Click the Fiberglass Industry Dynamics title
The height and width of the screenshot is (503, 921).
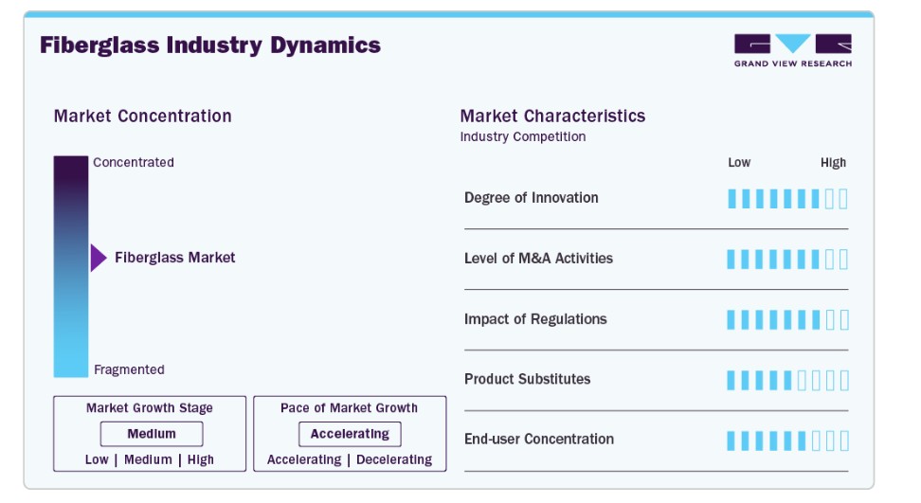point(210,45)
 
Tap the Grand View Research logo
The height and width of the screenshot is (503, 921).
point(792,50)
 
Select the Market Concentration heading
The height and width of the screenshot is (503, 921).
point(142,117)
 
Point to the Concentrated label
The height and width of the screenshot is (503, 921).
point(134,162)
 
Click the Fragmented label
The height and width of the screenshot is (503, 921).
point(129,369)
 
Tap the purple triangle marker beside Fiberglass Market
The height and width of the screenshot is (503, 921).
point(98,258)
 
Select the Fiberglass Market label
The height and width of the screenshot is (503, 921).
point(175,258)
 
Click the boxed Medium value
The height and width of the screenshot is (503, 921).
point(152,434)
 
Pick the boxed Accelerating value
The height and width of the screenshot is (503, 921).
point(350,434)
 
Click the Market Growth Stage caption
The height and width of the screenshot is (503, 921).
point(150,408)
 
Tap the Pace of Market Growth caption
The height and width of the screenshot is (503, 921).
point(349,408)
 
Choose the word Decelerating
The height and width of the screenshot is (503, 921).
point(394,459)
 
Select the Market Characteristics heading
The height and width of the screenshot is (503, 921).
point(552,117)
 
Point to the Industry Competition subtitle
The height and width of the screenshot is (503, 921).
point(523,136)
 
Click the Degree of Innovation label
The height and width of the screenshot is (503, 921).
point(532,198)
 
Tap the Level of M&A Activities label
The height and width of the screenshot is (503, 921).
point(538,259)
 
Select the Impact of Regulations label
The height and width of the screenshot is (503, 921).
point(535,319)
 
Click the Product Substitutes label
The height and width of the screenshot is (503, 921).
point(527,379)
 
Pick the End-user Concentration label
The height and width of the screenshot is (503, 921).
point(539,440)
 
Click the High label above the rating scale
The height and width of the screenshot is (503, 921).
point(833,162)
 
